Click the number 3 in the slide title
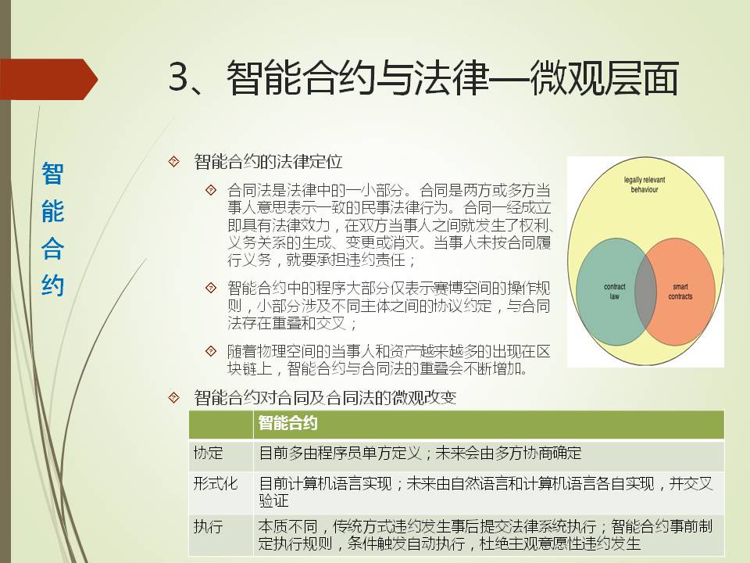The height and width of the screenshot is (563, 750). click(180, 77)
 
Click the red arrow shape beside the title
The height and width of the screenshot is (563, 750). click(48, 79)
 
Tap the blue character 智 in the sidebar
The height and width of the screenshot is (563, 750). click(52, 174)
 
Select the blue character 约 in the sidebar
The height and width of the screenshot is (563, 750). click(52, 285)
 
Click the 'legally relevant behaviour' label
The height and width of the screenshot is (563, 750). click(645, 185)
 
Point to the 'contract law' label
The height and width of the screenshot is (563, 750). click(615, 292)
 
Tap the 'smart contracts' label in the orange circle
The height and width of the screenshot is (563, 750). click(680, 292)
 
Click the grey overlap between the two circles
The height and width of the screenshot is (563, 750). click(645, 292)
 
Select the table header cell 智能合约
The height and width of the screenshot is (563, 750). click(288, 423)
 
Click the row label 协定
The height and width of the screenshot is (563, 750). click(208, 453)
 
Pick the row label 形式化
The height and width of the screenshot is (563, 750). click(216, 483)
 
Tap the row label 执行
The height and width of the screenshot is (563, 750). click(208, 526)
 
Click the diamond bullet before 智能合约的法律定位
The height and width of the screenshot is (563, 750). click(173, 161)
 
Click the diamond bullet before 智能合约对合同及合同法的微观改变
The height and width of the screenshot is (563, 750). click(173, 397)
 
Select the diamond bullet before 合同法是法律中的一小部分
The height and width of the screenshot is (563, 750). click(210, 190)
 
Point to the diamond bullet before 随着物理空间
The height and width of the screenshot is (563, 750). click(210, 351)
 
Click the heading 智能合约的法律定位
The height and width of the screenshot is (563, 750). click(268, 161)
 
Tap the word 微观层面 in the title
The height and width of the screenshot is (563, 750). click(604, 77)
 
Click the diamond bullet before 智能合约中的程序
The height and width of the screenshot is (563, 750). click(210, 288)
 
